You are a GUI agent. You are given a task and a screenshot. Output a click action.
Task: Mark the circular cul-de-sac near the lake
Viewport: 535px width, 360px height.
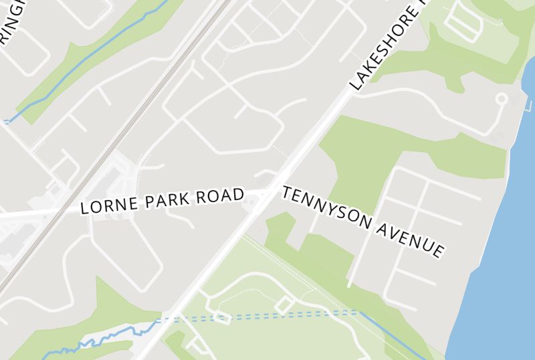pos(501,100)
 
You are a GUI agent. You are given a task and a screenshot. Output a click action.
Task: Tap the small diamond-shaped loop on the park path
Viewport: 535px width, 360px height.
pos(284,305)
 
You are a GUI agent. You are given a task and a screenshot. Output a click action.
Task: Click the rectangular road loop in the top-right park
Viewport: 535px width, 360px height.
pos(463,24)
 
